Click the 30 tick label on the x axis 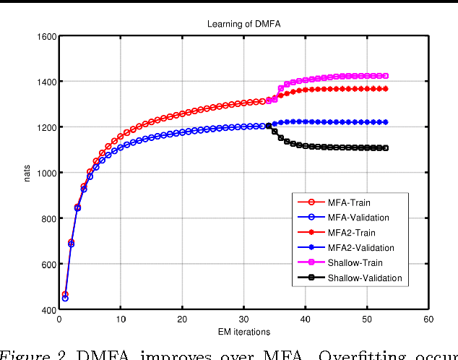point(243,319)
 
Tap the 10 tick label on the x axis point(121,319)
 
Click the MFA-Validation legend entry point(359,218)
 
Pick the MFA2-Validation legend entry point(361,248)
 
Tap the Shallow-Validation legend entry point(364,278)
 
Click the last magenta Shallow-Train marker point(386,76)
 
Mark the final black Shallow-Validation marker point(386,148)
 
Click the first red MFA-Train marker point(65,295)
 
